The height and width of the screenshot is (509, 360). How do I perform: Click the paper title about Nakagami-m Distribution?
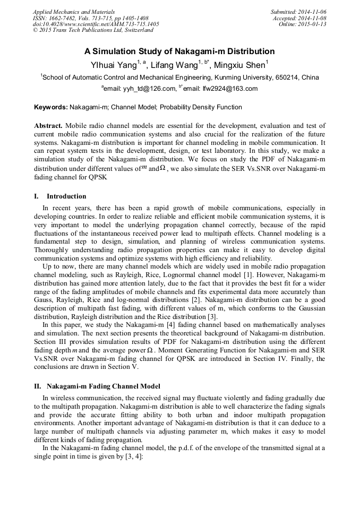pos(179,51)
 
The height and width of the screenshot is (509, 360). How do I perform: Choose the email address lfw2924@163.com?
pos(230,89)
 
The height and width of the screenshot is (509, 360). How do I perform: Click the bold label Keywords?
pos(51,107)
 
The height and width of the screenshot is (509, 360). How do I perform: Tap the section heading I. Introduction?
pos(59,196)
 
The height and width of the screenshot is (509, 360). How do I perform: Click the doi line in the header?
pos(96,24)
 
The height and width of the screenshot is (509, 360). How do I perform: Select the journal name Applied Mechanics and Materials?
pos(74,11)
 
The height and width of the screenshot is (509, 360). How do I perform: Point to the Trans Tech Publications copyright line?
pos(93,30)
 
